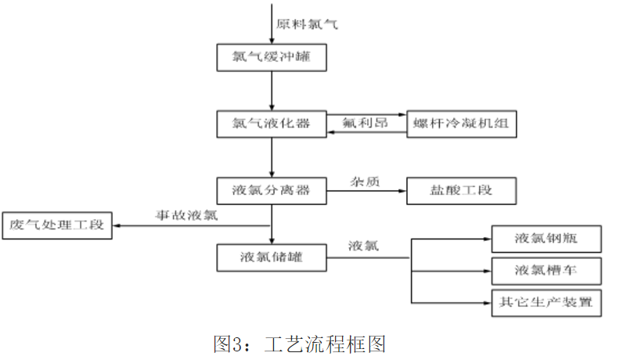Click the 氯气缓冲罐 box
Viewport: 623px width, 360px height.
271,57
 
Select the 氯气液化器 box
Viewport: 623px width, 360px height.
271,124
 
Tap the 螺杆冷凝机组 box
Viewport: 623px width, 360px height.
462,124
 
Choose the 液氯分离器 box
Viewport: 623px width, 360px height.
271,190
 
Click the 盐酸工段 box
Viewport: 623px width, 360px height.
462,190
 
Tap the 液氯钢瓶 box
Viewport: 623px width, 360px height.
546,238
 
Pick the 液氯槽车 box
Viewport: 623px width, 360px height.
546,270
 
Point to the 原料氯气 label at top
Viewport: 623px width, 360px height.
308,24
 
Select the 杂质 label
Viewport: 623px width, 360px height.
365,181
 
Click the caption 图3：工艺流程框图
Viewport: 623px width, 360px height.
300,342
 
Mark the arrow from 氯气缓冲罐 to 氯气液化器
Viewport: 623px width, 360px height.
272,91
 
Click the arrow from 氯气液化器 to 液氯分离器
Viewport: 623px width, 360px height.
272,157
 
